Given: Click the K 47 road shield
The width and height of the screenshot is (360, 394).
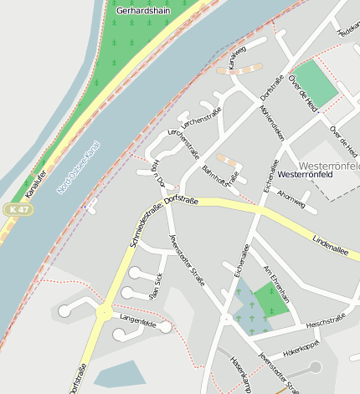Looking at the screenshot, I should [x=18, y=208].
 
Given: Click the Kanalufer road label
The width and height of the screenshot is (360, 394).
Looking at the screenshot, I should [x=36, y=182].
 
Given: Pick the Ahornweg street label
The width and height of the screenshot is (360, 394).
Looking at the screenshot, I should [x=291, y=201].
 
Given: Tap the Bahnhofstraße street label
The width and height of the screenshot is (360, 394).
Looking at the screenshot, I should [x=220, y=180].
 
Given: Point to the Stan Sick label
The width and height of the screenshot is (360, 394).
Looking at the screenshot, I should [x=155, y=285].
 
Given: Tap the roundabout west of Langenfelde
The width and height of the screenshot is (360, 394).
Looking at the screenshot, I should [x=105, y=313].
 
